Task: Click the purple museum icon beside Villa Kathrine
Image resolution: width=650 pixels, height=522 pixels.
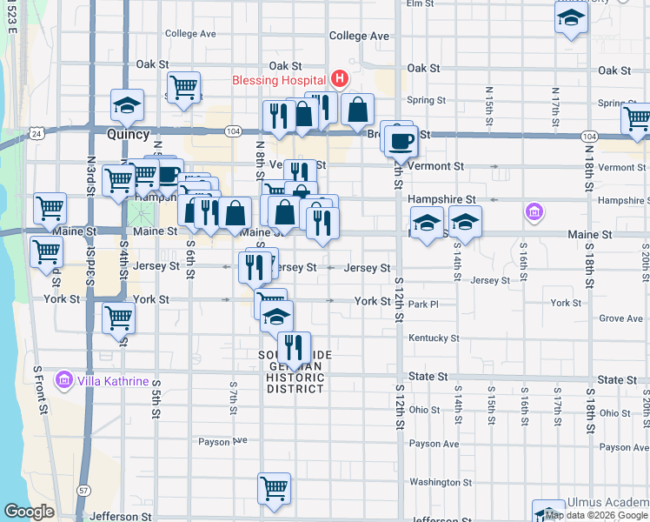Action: (x=63, y=380)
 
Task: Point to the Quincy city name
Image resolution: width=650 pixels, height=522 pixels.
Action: (x=129, y=135)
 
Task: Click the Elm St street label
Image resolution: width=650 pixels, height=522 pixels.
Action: (x=420, y=4)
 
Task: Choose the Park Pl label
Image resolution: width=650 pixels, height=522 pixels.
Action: (x=424, y=304)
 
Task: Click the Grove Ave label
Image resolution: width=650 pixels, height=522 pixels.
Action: (x=620, y=318)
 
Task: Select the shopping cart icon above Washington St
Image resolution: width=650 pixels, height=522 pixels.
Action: (x=274, y=488)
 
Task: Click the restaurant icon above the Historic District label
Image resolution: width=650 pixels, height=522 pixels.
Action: (x=294, y=347)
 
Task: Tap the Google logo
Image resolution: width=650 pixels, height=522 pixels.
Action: (x=29, y=512)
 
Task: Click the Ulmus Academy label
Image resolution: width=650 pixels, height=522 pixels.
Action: (x=607, y=503)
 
